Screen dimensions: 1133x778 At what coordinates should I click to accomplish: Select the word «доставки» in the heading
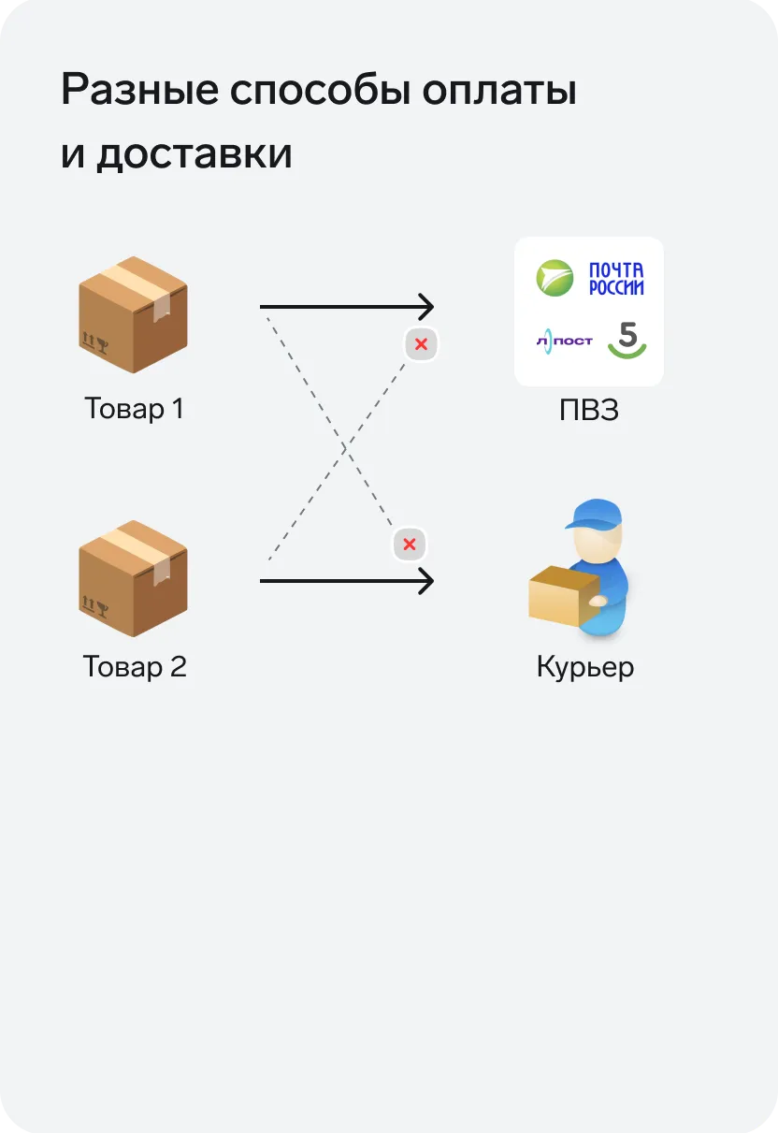tap(194, 153)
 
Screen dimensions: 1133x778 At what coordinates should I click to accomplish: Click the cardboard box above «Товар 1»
tap(134, 314)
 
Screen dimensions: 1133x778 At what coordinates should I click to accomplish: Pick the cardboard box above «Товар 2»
tap(134, 577)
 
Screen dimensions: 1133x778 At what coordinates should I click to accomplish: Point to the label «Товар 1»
tap(134, 409)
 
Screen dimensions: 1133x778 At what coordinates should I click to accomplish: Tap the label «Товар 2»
tap(135, 667)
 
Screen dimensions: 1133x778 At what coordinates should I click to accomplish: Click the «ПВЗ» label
tap(589, 410)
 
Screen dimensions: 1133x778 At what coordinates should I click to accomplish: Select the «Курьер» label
tap(585, 667)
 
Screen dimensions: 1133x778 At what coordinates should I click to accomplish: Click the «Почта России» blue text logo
tap(616, 279)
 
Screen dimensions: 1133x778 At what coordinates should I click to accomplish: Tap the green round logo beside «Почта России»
tap(555, 279)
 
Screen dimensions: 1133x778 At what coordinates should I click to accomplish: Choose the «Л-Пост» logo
tap(564, 341)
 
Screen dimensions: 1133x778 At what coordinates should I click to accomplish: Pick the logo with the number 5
tap(627, 339)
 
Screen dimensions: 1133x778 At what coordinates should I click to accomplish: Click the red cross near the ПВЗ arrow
tap(421, 344)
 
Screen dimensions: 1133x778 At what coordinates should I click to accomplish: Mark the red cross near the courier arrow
tap(409, 545)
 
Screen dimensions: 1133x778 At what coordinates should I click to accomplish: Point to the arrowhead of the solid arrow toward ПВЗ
tap(427, 307)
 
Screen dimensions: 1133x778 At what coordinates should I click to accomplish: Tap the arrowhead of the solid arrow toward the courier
tap(427, 581)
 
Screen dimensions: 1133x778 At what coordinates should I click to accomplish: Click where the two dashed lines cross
tap(345, 448)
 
